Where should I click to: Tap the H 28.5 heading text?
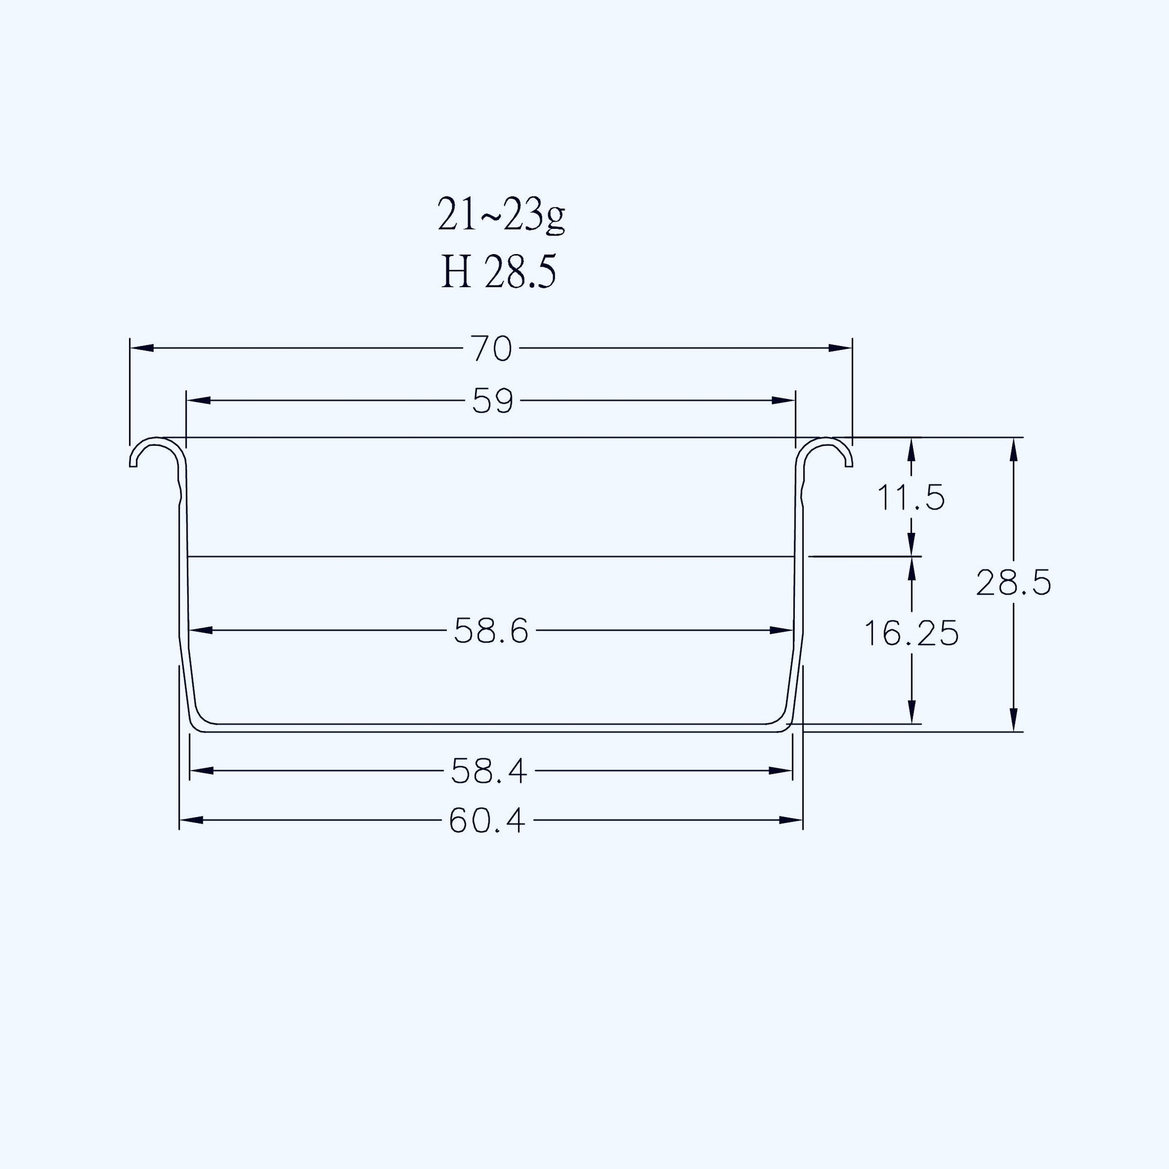498,272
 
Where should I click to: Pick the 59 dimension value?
493,401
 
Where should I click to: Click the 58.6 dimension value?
491,632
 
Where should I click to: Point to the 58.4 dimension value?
489,771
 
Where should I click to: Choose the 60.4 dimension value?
487,821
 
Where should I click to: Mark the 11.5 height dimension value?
911,498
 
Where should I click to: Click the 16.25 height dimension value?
911,634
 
